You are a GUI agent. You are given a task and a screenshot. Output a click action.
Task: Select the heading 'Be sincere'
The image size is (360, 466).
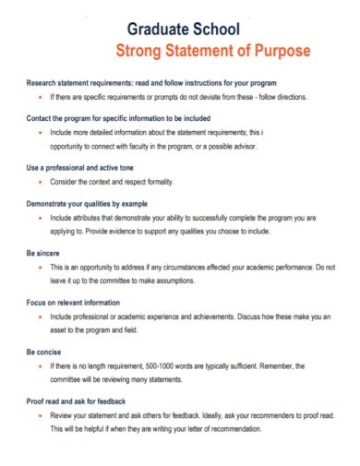45,252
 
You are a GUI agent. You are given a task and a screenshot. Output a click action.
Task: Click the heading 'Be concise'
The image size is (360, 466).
45,352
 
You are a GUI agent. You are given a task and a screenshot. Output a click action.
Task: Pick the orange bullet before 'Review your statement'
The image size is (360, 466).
40,416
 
